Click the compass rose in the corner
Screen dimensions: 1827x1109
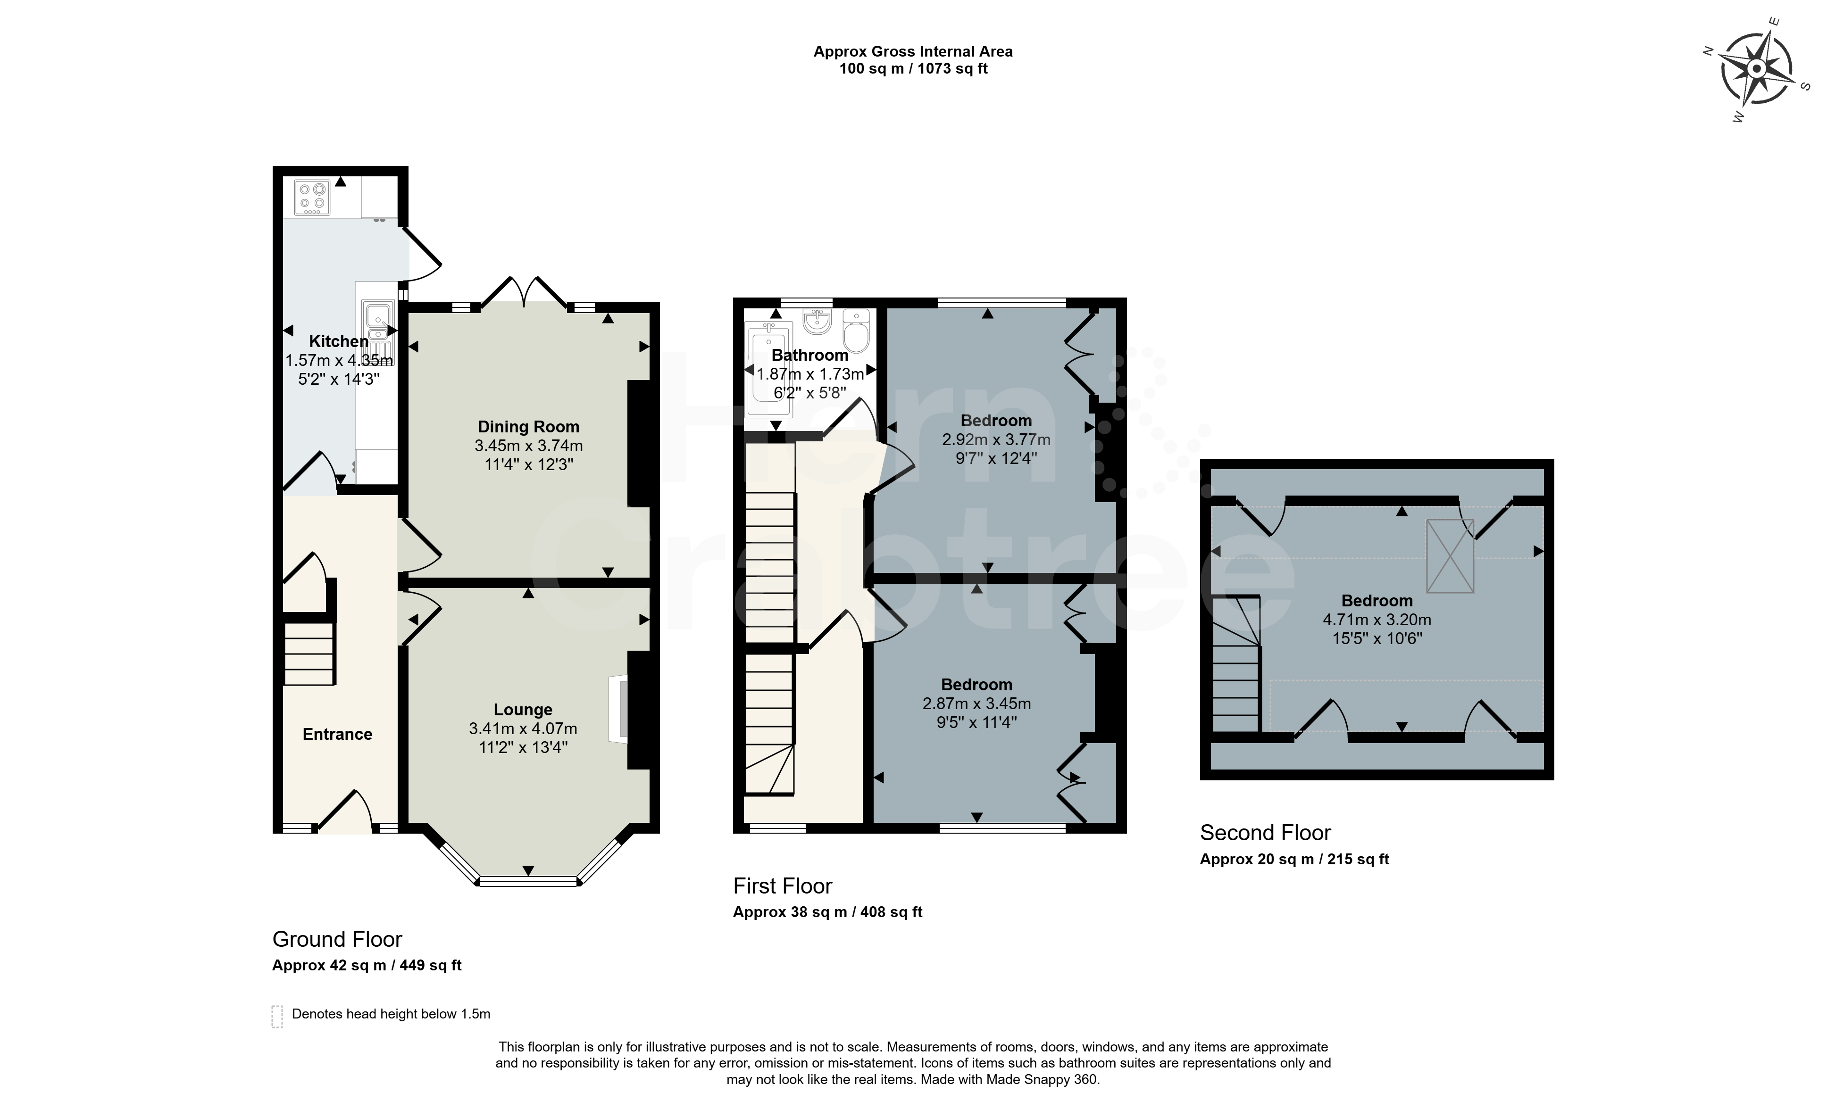1756,69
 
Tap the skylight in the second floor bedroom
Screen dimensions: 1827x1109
1451,555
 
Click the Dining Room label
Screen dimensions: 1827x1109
529,427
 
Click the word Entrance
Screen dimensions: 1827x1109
337,734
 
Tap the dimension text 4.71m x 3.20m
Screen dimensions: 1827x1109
1377,620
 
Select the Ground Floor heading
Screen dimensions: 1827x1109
337,939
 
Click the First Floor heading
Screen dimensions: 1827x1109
783,886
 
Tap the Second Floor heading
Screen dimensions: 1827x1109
1266,833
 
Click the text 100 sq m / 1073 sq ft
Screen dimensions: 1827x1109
913,69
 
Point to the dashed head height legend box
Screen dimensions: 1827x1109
277,1016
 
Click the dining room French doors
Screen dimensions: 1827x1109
525,292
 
